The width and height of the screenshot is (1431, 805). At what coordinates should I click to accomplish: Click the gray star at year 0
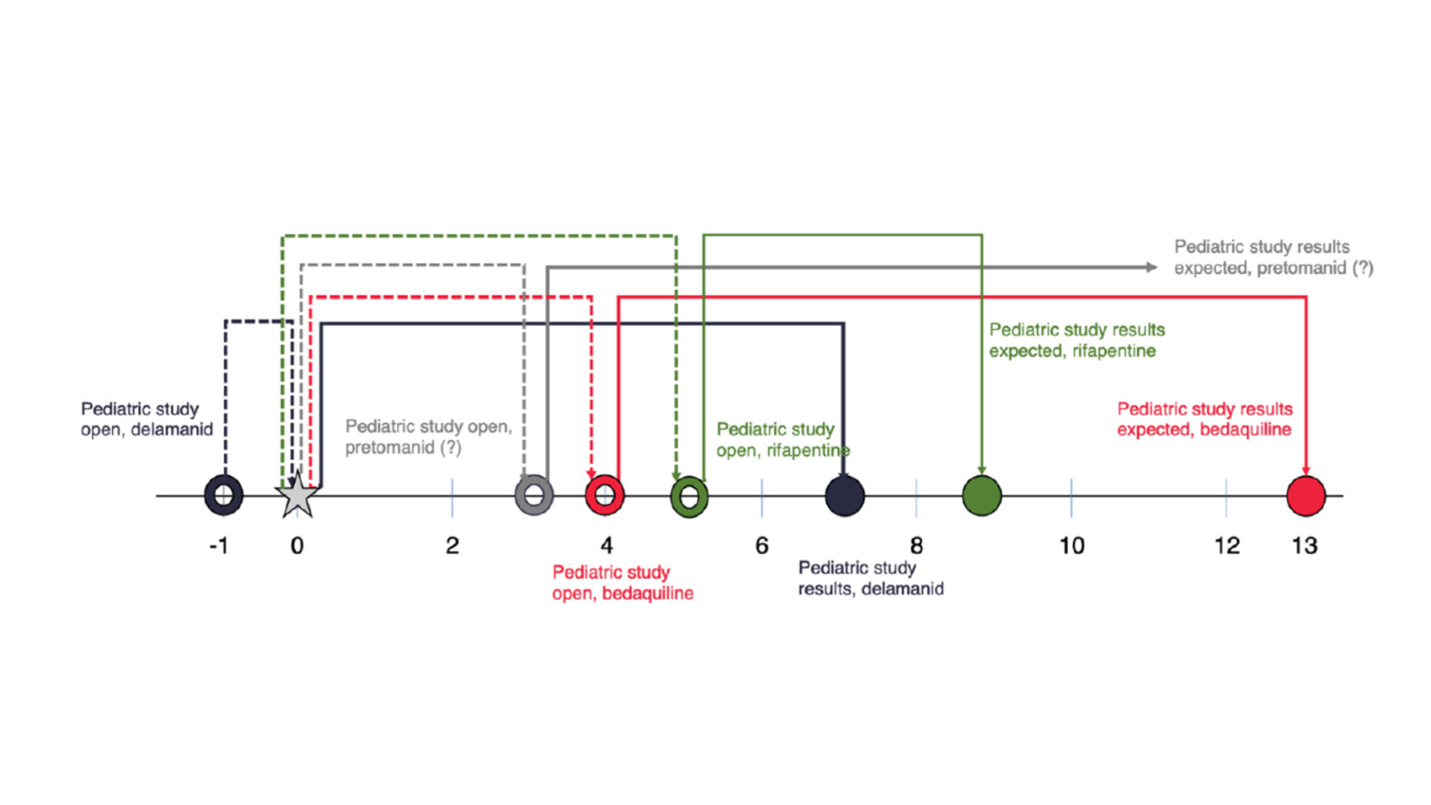click(297, 496)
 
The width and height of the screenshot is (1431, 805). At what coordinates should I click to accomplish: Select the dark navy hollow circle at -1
click(224, 495)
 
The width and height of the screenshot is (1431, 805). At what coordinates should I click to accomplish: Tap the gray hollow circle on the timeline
click(534, 495)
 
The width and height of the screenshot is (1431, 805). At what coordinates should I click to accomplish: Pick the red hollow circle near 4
click(605, 495)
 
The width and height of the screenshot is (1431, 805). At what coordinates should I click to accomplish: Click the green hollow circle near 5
click(689, 496)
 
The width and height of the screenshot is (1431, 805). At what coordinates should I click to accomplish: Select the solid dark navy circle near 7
click(845, 496)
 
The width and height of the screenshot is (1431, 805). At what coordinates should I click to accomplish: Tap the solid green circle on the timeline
click(982, 496)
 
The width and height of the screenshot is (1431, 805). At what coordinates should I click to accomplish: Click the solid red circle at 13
click(1306, 496)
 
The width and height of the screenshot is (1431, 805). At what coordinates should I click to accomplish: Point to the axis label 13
click(1304, 546)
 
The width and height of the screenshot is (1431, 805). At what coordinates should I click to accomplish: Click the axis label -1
click(219, 546)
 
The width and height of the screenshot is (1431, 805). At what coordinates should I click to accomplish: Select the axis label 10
click(1072, 546)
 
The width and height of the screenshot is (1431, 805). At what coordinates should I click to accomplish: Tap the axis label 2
click(452, 546)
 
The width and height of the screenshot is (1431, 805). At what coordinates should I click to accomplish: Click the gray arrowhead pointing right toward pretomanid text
click(1151, 267)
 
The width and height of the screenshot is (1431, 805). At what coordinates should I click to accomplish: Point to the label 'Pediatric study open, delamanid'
click(147, 419)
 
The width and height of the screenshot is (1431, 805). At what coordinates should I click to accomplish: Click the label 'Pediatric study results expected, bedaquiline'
click(1204, 419)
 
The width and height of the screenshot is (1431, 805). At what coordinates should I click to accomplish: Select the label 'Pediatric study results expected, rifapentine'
click(1077, 340)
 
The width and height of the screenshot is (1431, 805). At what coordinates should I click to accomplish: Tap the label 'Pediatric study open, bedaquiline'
click(622, 583)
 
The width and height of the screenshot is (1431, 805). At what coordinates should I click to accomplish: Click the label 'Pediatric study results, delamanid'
click(871, 578)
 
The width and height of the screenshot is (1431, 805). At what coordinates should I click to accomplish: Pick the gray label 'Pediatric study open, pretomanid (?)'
click(428, 437)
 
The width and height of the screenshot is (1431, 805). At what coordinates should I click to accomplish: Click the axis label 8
click(916, 546)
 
